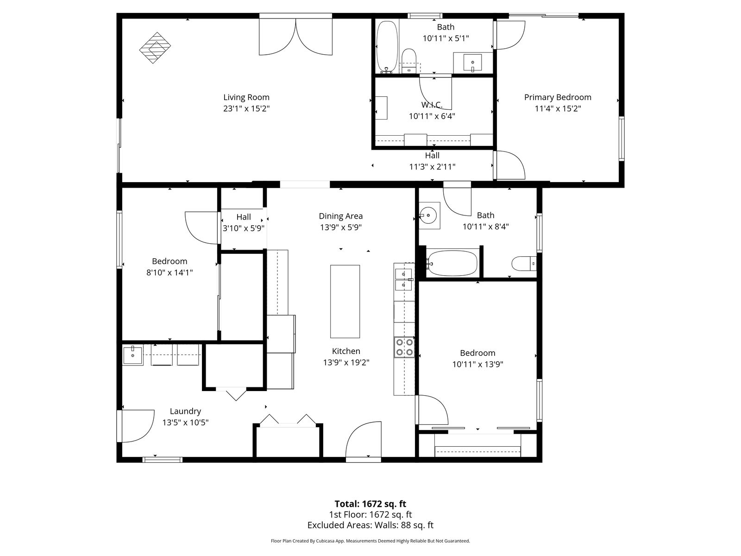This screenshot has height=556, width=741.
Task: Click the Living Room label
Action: tap(246, 97)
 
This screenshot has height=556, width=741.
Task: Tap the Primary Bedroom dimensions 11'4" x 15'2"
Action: tap(558, 108)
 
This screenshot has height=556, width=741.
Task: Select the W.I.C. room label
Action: tap(432, 105)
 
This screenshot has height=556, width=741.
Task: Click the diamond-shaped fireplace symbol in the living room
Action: tap(155, 48)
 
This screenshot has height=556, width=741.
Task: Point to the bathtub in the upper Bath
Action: tap(387, 47)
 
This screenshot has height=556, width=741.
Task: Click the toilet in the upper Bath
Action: tap(409, 61)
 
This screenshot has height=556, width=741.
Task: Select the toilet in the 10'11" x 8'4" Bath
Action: tap(524, 264)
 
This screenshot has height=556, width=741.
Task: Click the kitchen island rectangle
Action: tap(345, 302)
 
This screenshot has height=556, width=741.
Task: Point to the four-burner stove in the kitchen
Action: tap(404, 347)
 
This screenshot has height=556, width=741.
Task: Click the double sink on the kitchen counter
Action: tap(404, 280)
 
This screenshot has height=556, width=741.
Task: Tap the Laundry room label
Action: tap(185, 411)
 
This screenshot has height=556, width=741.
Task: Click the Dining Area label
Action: tap(340, 216)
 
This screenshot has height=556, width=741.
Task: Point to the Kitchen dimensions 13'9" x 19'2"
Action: tap(346, 362)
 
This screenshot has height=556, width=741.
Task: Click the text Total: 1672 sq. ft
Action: tap(370, 504)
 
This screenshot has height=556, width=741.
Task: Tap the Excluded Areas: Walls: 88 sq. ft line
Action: tap(370, 525)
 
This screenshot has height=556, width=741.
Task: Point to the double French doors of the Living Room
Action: tap(296, 37)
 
